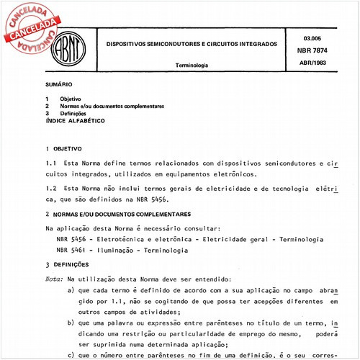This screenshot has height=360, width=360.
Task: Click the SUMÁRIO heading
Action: (58, 85)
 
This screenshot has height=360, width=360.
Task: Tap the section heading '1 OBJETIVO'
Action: (65, 148)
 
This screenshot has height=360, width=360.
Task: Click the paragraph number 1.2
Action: (50, 188)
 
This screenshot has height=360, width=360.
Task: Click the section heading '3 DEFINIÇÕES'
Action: (71, 264)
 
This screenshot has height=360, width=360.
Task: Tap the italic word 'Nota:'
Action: (54, 278)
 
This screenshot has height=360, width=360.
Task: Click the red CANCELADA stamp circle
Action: (32, 30)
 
